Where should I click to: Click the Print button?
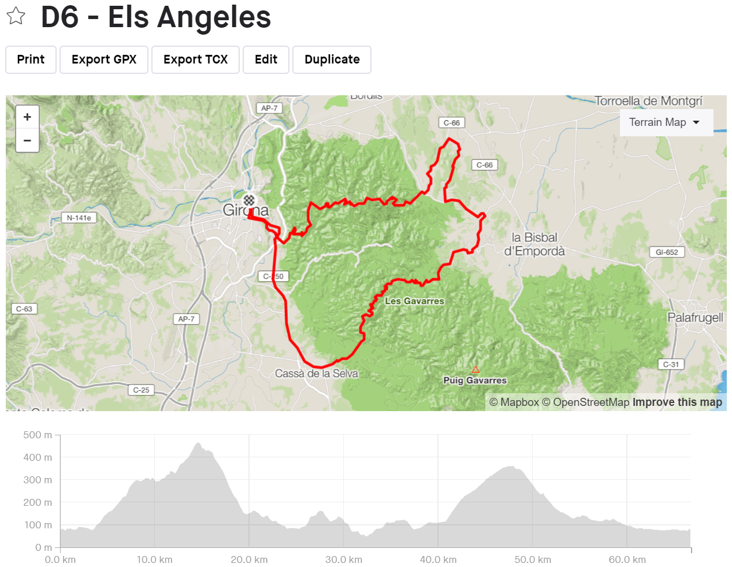pyautogui.click(x=31, y=59)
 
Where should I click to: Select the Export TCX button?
pyautogui.click(x=195, y=59)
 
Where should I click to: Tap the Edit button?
pyautogui.click(x=266, y=59)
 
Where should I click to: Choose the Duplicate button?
pyautogui.click(x=332, y=59)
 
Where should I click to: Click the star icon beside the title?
pyautogui.click(x=16, y=16)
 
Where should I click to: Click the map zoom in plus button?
pyautogui.click(x=27, y=117)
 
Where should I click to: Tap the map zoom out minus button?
pyautogui.click(x=27, y=140)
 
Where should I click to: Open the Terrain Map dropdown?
pyautogui.click(x=665, y=122)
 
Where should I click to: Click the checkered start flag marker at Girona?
pyautogui.click(x=249, y=200)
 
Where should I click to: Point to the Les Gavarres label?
pyautogui.click(x=414, y=301)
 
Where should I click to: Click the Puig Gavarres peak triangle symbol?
pyautogui.click(x=475, y=370)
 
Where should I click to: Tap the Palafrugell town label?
pyautogui.click(x=695, y=318)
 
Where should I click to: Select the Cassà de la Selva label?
pyautogui.click(x=316, y=374)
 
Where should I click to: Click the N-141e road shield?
pyautogui.click(x=79, y=218)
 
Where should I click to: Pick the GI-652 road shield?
pyautogui.click(x=667, y=252)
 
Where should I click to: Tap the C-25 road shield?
pyautogui.click(x=141, y=390)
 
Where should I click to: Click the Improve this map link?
pyautogui.click(x=677, y=402)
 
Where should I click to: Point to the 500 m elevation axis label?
pyautogui.click(x=38, y=435)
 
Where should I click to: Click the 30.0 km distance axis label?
pyautogui.click(x=344, y=559)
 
